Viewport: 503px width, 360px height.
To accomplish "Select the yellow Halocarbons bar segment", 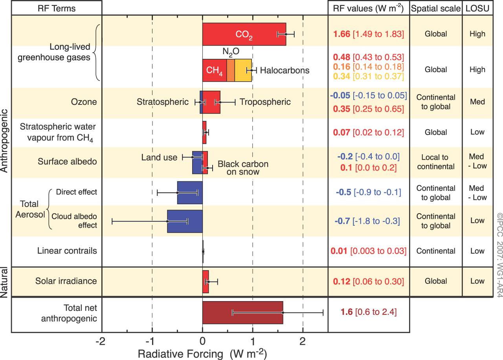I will (243, 70).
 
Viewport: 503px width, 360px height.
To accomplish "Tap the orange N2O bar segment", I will (231, 70).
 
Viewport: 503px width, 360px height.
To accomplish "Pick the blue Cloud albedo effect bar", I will (185, 221).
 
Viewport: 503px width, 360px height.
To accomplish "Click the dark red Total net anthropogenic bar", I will (242, 313).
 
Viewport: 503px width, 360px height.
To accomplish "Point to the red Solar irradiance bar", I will (206, 281).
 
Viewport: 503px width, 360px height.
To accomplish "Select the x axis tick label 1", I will (253, 341).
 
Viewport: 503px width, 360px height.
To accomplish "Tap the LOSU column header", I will (478, 8).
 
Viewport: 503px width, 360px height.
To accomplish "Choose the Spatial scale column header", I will (435, 8).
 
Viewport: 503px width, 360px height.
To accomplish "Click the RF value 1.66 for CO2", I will (341, 34).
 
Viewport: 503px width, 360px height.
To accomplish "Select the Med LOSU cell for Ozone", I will (477, 102).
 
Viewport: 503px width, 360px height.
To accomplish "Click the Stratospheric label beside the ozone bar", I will (163, 102).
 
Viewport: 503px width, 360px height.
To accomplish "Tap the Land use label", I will (159, 157).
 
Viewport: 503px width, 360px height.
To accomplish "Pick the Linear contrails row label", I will (67, 251).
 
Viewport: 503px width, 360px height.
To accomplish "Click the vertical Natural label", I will (5, 281).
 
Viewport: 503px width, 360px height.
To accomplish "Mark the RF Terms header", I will (56, 8).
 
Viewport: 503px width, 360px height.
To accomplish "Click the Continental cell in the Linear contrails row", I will (435, 251).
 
